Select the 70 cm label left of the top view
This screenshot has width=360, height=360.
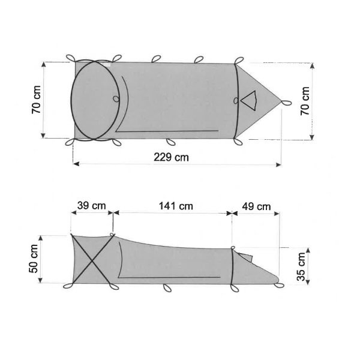point(37,99)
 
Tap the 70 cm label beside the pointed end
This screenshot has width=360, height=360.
point(305,100)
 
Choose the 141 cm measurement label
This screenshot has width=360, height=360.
point(175,206)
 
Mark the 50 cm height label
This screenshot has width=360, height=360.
point(34,259)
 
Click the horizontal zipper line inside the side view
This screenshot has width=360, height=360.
point(171,277)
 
